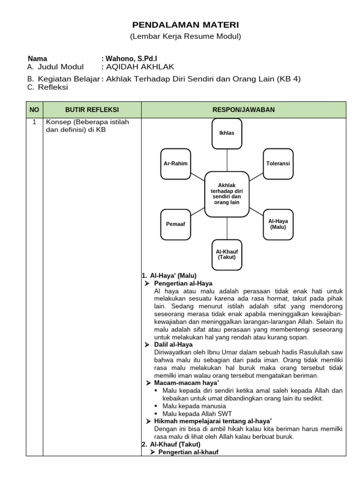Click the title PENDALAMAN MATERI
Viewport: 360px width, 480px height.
pos(185,24)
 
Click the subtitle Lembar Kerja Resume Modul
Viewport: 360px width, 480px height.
pos(185,37)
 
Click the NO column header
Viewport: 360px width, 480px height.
pos(34,109)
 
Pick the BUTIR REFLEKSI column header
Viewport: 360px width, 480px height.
pos(92,109)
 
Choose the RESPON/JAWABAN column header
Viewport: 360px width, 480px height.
pos(243,109)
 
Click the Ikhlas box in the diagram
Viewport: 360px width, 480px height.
pos(227,133)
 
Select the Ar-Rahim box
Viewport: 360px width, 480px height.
pos(176,164)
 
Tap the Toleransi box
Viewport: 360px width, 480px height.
pos(278,164)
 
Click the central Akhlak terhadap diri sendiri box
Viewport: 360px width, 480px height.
pos(227,194)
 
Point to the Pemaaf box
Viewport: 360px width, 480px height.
pos(176,224)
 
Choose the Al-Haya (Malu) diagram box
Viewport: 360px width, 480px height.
pos(278,224)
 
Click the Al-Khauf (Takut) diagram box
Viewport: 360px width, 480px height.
pos(227,255)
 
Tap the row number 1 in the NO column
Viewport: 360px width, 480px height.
pos(34,122)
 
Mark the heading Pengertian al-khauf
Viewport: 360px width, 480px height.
pos(188,452)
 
